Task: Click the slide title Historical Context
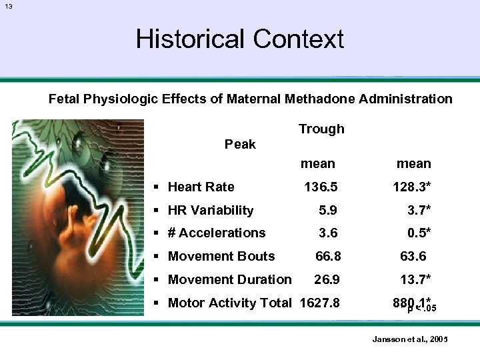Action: coord(239,39)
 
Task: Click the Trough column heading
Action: coord(321,129)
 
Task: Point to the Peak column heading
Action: coord(240,144)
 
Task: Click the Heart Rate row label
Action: coord(201,187)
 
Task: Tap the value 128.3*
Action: coord(412,187)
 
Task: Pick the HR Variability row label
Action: coord(211,211)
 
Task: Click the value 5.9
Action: coord(328,211)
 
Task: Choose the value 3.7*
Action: coord(419,211)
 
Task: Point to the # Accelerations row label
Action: coord(217,233)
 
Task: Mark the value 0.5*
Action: coord(419,233)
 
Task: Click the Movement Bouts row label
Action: coord(221,256)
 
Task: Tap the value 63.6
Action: coord(413,256)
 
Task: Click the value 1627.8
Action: coord(320,303)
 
